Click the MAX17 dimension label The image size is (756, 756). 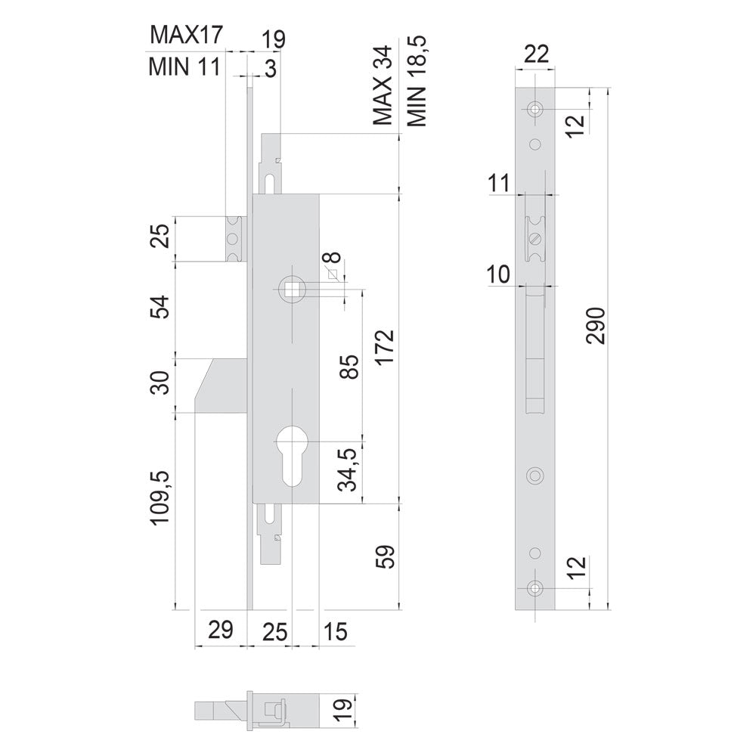click(187, 36)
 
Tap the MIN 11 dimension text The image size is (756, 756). click(184, 67)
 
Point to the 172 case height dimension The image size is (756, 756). click(386, 348)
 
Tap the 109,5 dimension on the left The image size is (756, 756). click(160, 497)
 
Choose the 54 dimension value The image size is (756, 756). click(160, 306)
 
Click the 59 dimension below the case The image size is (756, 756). click(386, 557)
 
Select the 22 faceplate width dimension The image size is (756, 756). click(536, 54)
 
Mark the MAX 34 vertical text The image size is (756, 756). click(383, 86)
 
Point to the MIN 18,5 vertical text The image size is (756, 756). click(417, 81)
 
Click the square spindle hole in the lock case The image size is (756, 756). click(292, 289)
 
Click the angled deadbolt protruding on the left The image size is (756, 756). click(222, 386)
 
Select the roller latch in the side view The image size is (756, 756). click(534, 239)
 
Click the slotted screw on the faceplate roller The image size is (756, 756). click(534, 239)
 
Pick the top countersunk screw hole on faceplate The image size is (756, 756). click(534, 109)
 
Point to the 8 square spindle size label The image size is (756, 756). click(335, 257)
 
